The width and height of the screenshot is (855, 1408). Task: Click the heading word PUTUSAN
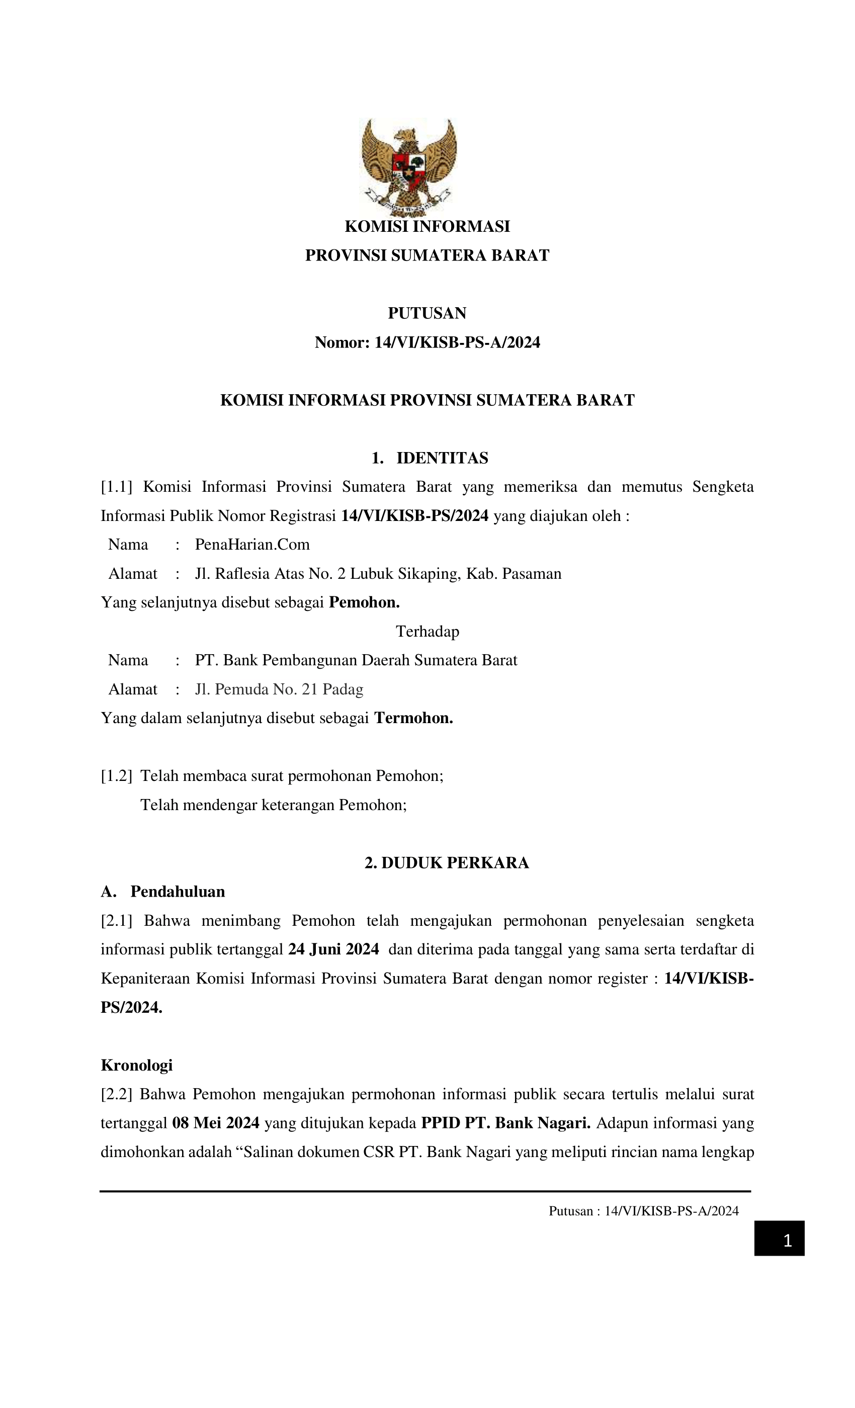point(427,313)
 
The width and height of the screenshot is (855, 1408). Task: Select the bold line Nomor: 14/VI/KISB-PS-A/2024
point(427,342)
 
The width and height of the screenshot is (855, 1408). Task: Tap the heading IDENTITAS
point(442,458)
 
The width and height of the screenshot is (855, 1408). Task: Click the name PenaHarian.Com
point(252,544)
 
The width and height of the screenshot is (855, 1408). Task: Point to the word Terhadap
point(427,632)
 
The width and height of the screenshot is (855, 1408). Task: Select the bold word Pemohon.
point(364,602)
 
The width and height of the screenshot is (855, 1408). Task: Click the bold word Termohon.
point(413,718)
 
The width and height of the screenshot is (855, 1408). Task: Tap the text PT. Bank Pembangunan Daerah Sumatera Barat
point(356,660)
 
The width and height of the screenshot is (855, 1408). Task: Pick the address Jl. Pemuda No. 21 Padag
point(279,689)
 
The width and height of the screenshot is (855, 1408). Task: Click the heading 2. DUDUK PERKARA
point(447,863)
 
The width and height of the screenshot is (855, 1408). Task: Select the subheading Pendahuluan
point(177,892)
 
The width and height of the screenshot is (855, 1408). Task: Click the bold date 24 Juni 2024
point(333,949)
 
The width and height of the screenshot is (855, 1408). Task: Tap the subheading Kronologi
point(137,1065)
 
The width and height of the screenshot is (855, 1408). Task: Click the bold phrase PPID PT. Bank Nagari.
point(505,1123)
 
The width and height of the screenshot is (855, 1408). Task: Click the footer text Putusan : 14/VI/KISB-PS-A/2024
point(644,1211)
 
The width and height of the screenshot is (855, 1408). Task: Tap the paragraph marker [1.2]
point(116,776)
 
